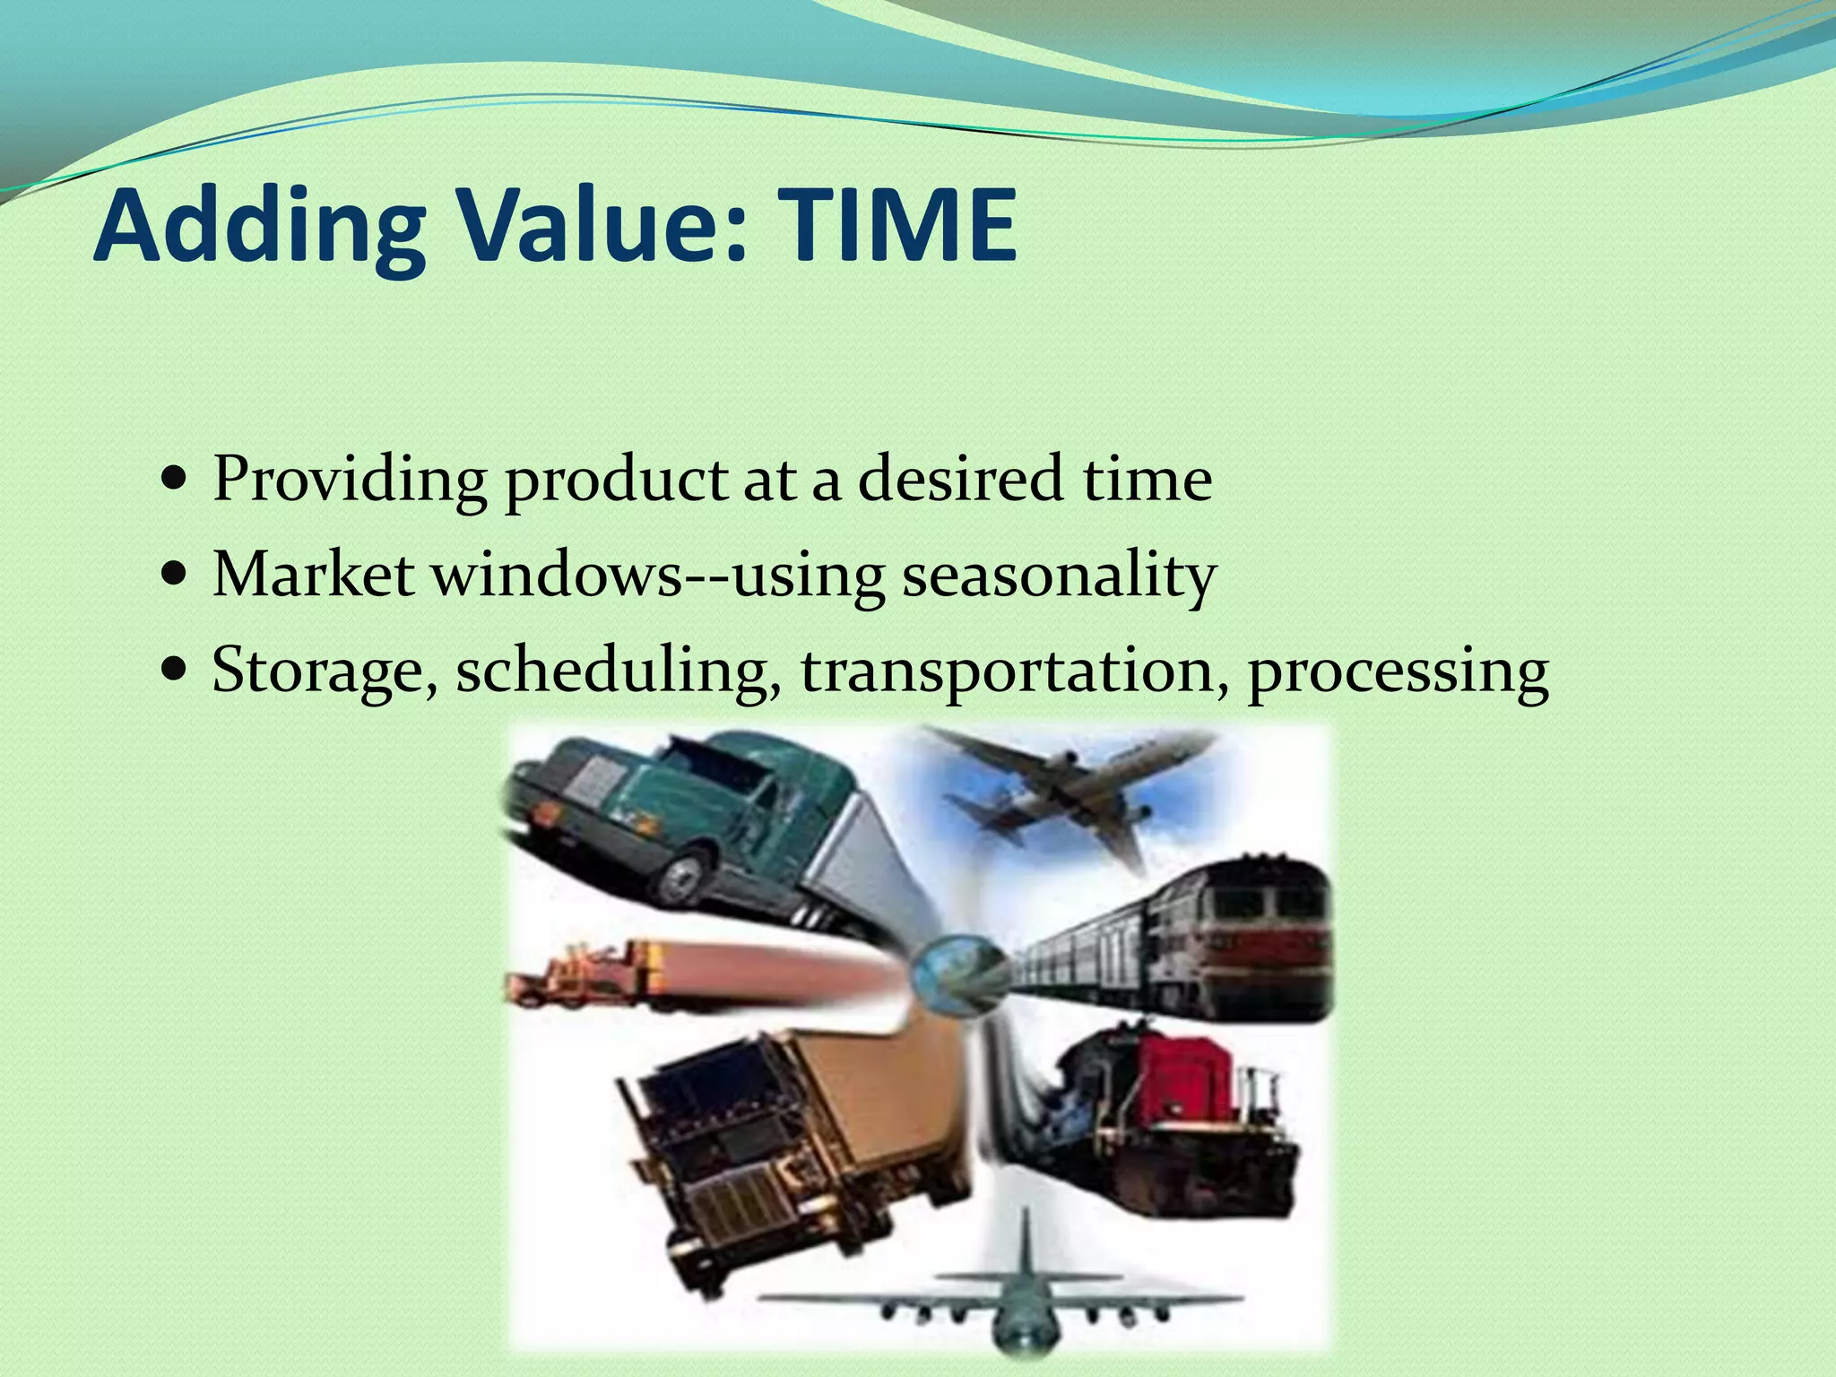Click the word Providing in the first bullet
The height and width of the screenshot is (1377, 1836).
click(x=350, y=481)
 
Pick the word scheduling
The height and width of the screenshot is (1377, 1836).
click(x=619, y=672)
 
